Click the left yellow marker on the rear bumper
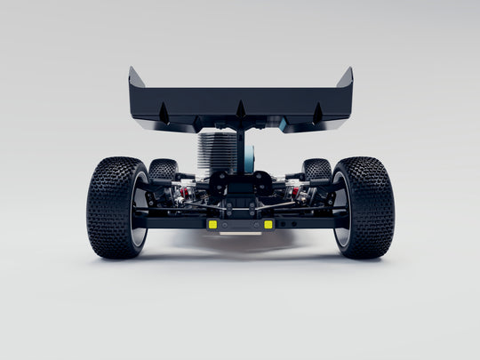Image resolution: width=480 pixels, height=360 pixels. [212, 224]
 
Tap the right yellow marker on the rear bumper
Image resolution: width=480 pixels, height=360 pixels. [268, 224]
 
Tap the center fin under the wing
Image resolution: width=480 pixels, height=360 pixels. [240, 109]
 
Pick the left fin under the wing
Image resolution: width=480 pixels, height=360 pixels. [164, 112]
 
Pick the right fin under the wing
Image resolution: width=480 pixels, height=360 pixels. [317, 112]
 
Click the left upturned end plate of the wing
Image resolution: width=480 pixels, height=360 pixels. [136, 80]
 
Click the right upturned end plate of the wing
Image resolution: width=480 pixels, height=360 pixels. [345, 80]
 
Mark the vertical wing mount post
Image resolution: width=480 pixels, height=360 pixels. [241, 147]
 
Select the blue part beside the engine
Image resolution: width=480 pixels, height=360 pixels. [250, 158]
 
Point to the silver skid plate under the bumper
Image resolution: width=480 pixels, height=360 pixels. [240, 234]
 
